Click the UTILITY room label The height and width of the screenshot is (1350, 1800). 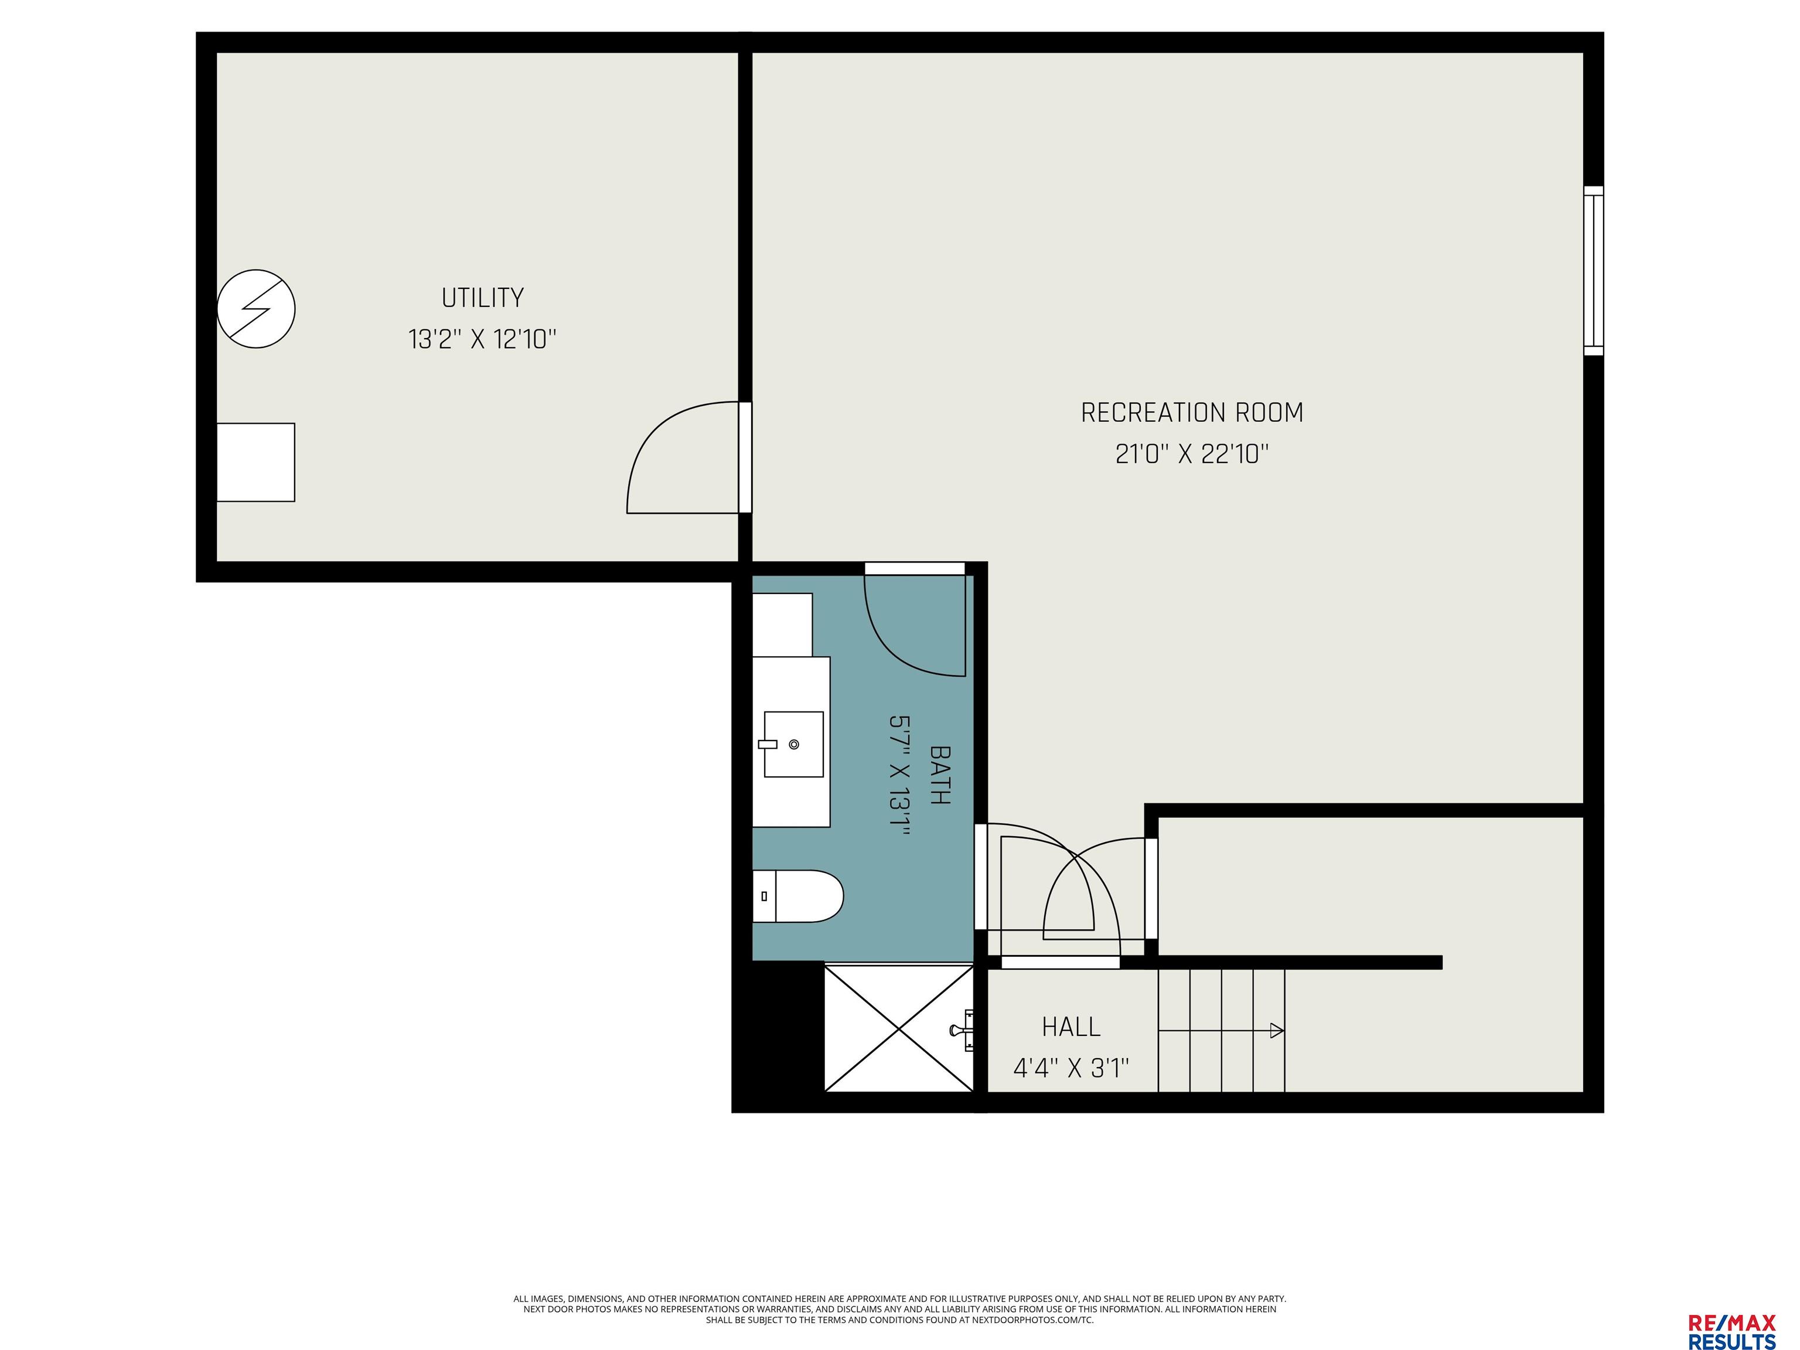point(483,298)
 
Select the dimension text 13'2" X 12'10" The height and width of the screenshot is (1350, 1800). point(483,339)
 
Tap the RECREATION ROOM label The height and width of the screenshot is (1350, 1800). point(1191,412)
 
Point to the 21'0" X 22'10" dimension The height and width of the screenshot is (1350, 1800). point(1191,454)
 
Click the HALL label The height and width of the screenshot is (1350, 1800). point(1071,1027)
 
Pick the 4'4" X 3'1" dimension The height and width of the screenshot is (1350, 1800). point(1071,1068)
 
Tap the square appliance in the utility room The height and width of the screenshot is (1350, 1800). point(255,462)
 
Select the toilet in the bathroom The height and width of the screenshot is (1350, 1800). point(797,896)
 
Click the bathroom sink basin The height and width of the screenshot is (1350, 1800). point(793,745)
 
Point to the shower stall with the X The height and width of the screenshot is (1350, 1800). point(899,1028)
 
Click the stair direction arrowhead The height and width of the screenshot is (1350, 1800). point(1277,1031)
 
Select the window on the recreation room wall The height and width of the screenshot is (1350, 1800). point(1593,271)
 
